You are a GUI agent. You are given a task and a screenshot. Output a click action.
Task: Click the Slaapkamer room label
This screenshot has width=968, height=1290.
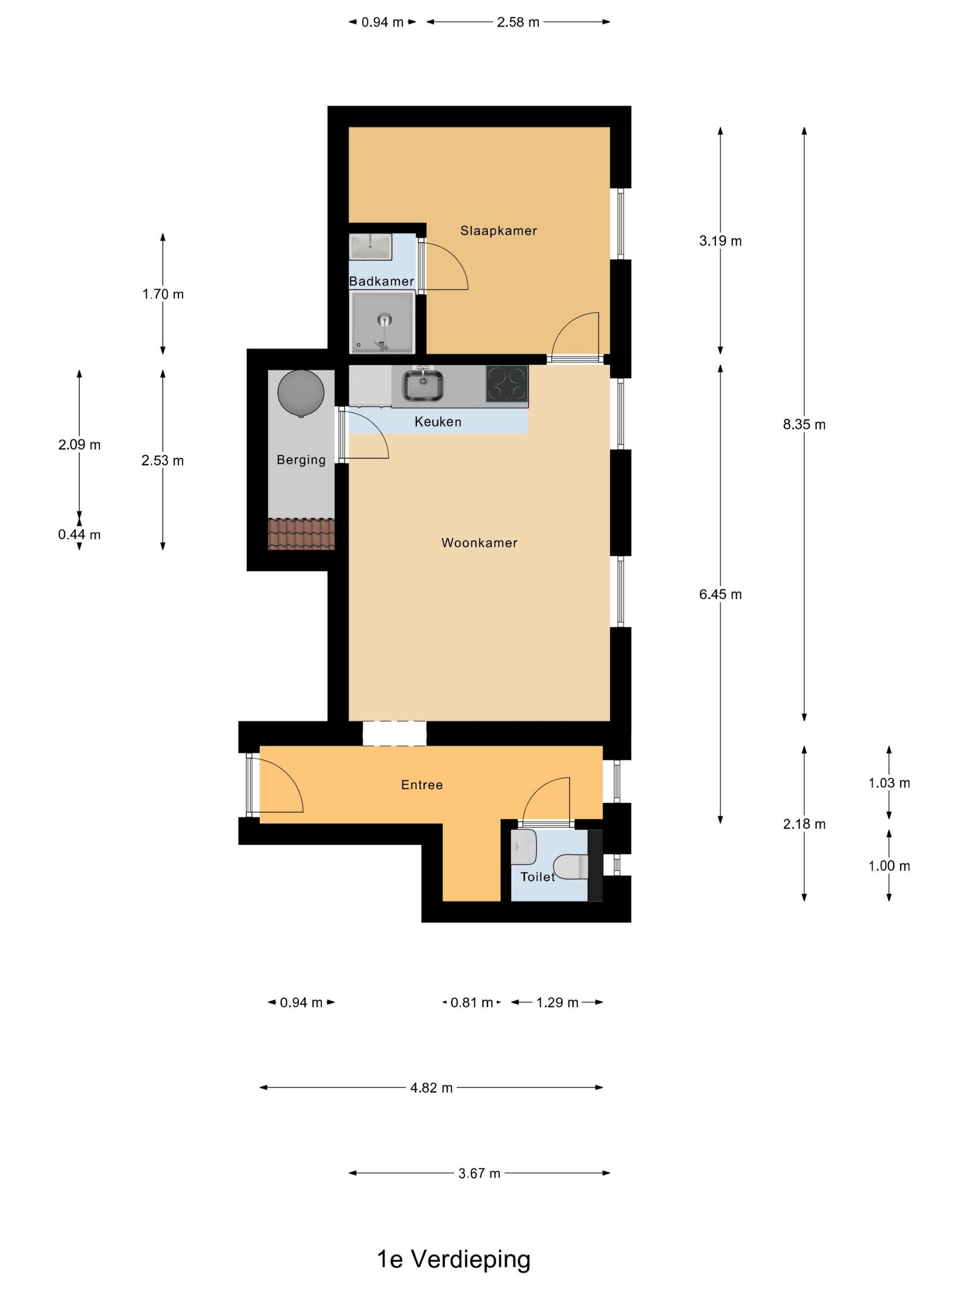pos(498,230)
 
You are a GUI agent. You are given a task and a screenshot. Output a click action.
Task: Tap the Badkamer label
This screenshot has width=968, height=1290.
pos(382,281)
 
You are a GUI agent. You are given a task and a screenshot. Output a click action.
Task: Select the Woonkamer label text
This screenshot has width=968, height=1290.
pos(479,542)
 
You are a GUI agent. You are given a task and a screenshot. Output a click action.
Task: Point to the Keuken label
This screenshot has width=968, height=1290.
pos(437,422)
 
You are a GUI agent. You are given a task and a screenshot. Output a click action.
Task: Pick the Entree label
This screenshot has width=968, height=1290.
pos(422,785)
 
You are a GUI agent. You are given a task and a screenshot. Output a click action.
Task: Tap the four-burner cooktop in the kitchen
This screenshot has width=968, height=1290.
pos(507,384)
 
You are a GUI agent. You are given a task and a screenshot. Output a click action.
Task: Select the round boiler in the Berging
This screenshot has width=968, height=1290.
pos(301,393)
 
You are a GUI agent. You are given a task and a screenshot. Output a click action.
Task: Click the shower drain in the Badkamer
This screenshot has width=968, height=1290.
pos(384,320)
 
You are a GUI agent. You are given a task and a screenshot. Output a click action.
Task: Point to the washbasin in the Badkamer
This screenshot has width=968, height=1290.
pos(371,246)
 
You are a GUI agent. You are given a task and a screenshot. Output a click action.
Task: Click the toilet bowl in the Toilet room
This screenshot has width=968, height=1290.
pos(571,867)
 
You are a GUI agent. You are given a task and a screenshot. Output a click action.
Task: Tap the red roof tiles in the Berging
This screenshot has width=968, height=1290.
pos(301,534)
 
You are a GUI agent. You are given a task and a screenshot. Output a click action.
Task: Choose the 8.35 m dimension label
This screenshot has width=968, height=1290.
pos(804,425)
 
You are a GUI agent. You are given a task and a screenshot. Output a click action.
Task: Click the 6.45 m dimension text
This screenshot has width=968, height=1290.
pos(720,594)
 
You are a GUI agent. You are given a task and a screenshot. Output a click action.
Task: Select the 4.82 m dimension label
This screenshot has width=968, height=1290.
pos(431,1088)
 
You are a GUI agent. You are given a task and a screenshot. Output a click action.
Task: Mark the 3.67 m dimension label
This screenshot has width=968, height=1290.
pos(479,1173)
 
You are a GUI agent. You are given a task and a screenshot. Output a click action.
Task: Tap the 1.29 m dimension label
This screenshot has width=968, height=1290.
pos(557,1003)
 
